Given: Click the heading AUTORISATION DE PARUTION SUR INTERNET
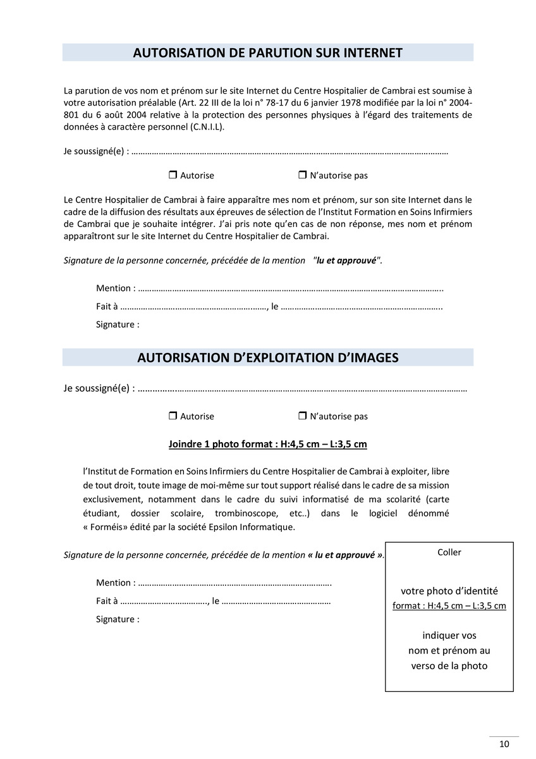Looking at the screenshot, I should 267,53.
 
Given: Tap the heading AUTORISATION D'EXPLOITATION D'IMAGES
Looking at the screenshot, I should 267,358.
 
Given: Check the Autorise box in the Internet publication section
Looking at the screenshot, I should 172,175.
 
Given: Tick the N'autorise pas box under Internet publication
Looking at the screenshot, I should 302,175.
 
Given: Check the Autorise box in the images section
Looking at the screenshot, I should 172,416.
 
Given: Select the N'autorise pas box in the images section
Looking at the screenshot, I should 302,416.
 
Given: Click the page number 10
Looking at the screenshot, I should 504,744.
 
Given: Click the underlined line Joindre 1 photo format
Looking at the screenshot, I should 267,444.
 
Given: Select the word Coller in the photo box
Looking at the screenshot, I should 449,552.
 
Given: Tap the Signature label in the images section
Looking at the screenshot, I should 118,619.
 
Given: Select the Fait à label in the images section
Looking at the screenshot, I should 107,601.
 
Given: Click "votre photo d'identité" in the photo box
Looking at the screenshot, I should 449,591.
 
